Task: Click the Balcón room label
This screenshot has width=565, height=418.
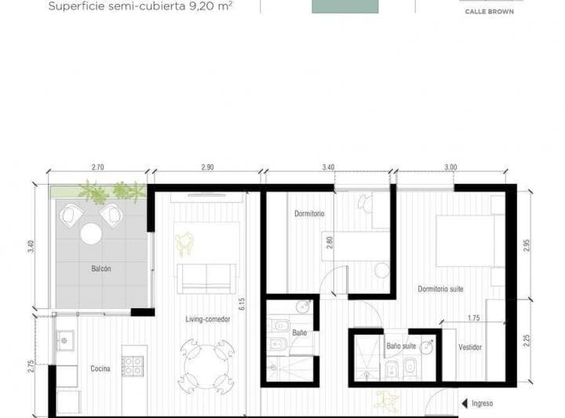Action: (101, 269)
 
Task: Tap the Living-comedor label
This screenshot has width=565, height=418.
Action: (207, 319)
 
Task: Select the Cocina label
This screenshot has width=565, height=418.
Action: (100, 368)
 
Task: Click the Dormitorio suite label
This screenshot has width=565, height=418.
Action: (440, 289)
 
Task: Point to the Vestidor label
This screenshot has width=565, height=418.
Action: (470, 346)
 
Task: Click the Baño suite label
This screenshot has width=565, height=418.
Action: (401, 346)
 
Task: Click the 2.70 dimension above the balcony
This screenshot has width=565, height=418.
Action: (98, 167)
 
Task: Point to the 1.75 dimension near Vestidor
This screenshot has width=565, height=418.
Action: (472, 317)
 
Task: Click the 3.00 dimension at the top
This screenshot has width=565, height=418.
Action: (450, 167)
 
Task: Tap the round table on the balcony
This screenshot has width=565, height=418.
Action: (91, 233)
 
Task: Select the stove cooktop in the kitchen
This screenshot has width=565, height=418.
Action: (132, 366)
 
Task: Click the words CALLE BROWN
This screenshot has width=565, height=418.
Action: (489, 12)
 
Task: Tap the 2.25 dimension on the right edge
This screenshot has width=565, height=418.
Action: (527, 341)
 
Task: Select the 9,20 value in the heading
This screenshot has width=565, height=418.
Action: (200, 6)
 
